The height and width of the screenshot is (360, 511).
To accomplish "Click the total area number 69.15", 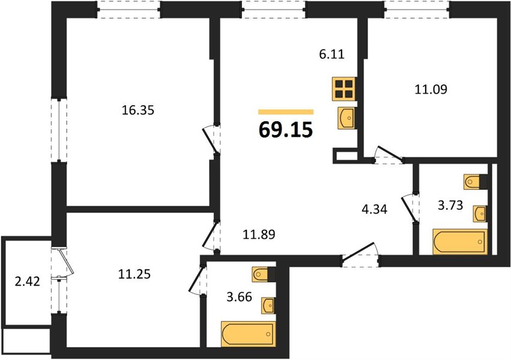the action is (286, 129).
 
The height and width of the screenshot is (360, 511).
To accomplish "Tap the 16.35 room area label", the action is (138, 110).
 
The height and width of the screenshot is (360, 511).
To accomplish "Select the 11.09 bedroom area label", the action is (431, 89).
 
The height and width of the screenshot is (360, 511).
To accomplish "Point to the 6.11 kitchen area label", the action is (331, 54).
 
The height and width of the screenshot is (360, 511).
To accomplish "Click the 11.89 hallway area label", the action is (259, 234).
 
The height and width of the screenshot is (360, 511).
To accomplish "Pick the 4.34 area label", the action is (375, 209).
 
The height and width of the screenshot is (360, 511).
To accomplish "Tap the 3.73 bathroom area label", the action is (450, 205).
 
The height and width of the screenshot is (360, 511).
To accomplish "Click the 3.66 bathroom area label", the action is (240, 297).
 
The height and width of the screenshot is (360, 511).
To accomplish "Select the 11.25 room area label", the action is (135, 274).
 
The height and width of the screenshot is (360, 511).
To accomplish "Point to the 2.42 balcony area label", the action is (28, 281).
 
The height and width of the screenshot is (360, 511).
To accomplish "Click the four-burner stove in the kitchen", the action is (344, 89).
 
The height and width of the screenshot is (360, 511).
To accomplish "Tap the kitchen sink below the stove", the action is (346, 118).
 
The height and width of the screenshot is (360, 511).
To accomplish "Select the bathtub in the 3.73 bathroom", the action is (460, 242).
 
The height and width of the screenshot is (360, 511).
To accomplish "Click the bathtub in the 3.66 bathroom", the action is (249, 334).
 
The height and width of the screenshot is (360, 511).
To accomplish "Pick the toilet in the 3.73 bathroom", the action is (476, 182).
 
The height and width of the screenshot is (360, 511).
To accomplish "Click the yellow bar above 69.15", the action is (286, 112).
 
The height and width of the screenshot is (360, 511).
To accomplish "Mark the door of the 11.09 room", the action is (389, 154).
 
